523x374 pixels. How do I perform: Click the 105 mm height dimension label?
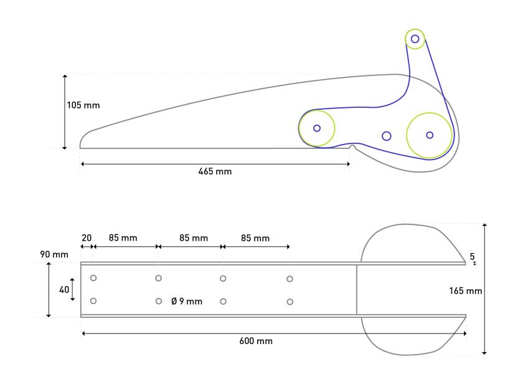coord(83,105)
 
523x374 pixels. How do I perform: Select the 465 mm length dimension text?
coord(215,171)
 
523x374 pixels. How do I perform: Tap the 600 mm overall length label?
coord(256,341)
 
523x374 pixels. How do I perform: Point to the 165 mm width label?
coord(465,291)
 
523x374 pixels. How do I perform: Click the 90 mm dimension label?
coord(54,254)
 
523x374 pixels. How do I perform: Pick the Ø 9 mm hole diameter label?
coord(187,301)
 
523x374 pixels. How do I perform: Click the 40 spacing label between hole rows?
coord(64,289)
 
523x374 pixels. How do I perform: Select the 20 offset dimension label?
coord(87,237)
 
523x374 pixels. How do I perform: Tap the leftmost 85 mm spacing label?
coord(123,237)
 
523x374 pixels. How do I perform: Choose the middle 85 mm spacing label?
coord(194,237)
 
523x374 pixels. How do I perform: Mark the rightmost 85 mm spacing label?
coord(255,238)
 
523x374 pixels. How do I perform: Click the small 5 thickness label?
coord(472,256)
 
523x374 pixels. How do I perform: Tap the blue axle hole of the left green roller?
coord(317,128)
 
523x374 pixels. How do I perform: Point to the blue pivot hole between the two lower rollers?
coord(387,136)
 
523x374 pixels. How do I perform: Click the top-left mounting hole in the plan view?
coord(93,278)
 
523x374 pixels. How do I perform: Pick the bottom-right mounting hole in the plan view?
coord(290,302)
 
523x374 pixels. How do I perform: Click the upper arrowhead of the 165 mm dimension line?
coord(484,226)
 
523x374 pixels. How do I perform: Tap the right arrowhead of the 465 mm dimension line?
coord(348,164)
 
